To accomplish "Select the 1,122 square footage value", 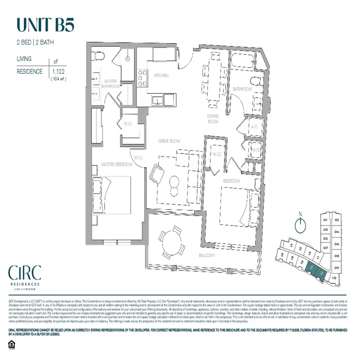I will pos(58,71).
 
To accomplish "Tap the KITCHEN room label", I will pos(161,76).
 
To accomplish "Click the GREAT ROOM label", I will pos(169,141).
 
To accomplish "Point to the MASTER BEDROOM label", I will pos(117,164).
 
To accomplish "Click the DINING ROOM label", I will pos(212,119).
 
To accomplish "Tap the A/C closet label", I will pos(253,127).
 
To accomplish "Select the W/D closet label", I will pos(256,149).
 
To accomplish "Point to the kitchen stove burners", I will pos(142,77).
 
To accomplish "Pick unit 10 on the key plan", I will pos(333,278).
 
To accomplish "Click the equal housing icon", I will pos(12,345).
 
